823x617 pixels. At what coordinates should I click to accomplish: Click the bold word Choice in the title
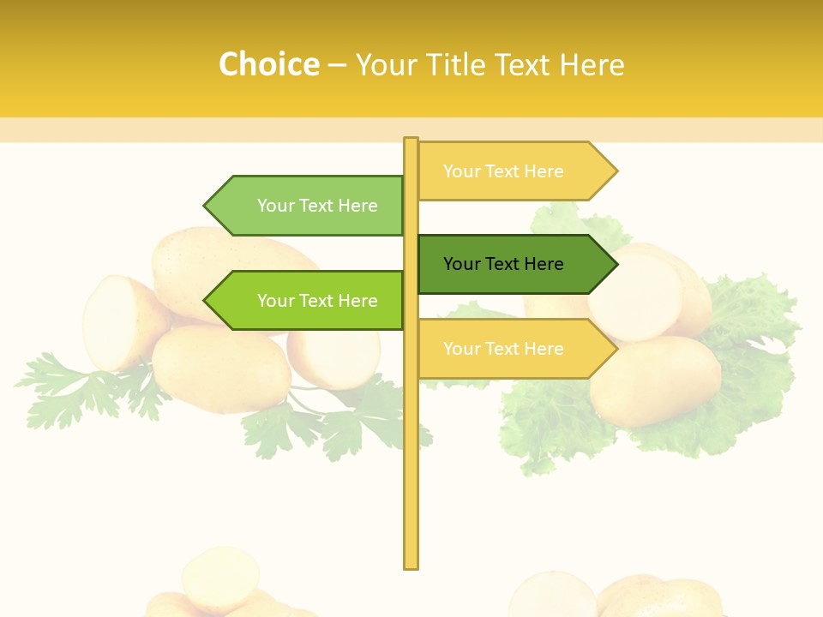pyautogui.click(x=268, y=65)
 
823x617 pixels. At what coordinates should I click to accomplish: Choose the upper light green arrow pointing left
pyautogui.click(x=309, y=206)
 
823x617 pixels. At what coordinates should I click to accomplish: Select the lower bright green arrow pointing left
pyautogui.click(x=309, y=301)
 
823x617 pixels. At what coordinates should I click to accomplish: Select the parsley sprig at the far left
pyautogui.click(x=60, y=386)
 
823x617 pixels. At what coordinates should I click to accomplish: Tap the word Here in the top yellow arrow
pyautogui.click(x=544, y=171)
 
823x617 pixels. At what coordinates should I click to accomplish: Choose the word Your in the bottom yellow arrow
pyautogui.click(x=461, y=349)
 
